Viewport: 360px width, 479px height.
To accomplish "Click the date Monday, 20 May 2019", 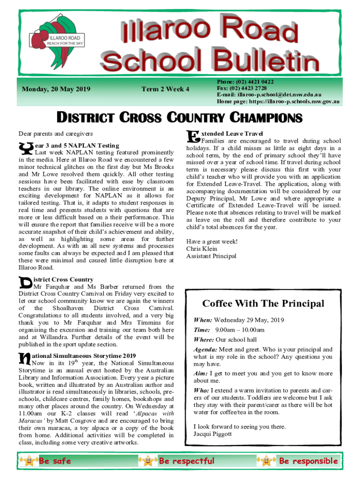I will tap(56, 89).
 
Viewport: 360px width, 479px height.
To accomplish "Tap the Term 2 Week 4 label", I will tap(166, 89).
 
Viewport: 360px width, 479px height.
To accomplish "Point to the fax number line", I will tap(242, 88).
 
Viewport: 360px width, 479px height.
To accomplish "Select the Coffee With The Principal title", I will tap(263, 304).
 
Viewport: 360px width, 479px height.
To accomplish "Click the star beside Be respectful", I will tap(148, 461).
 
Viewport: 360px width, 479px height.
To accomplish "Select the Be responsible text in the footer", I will tap(308, 461).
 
